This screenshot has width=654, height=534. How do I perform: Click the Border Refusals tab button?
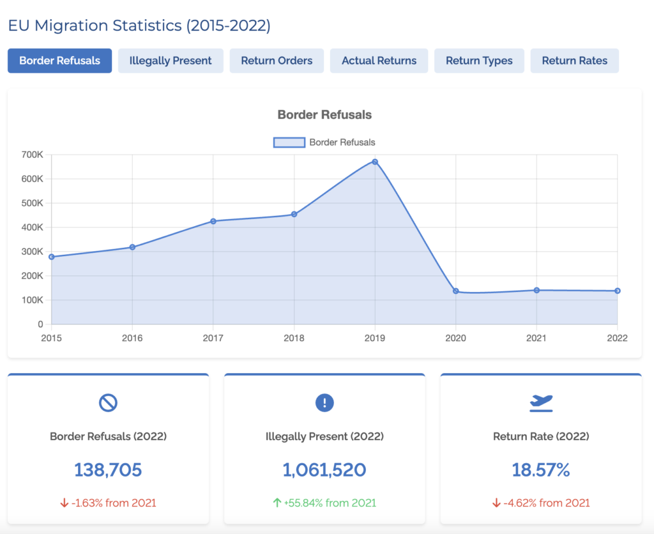click(59, 61)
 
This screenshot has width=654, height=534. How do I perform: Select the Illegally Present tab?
click(171, 61)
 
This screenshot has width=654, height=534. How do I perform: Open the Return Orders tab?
click(277, 61)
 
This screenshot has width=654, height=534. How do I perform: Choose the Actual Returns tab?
click(379, 61)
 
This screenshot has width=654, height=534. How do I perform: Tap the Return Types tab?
click(479, 61)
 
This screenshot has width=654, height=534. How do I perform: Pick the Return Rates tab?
click(574, 61)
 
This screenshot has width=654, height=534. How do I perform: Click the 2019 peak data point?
click(375, 162)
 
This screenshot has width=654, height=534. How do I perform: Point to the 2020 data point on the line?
click(456, 291)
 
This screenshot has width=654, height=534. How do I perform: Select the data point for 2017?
click(213, 221)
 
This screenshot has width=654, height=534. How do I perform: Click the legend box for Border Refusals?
click(289, 142)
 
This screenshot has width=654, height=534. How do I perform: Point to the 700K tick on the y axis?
click(31, 155)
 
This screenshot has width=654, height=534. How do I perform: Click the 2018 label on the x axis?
click(294, 337)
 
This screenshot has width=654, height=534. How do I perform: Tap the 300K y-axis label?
click(31, 252)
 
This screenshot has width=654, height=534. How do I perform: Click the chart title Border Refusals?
click(324, 115)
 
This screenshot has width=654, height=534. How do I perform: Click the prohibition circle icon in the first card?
click(108, 402)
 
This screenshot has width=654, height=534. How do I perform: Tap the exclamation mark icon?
click(324, 402)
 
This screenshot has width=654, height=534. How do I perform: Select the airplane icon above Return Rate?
click(541, 402)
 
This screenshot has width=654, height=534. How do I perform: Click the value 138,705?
click(108, 470)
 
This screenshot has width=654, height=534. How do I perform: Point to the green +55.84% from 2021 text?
click(324, 503)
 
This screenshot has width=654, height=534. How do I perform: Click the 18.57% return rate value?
click(541, 470)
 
